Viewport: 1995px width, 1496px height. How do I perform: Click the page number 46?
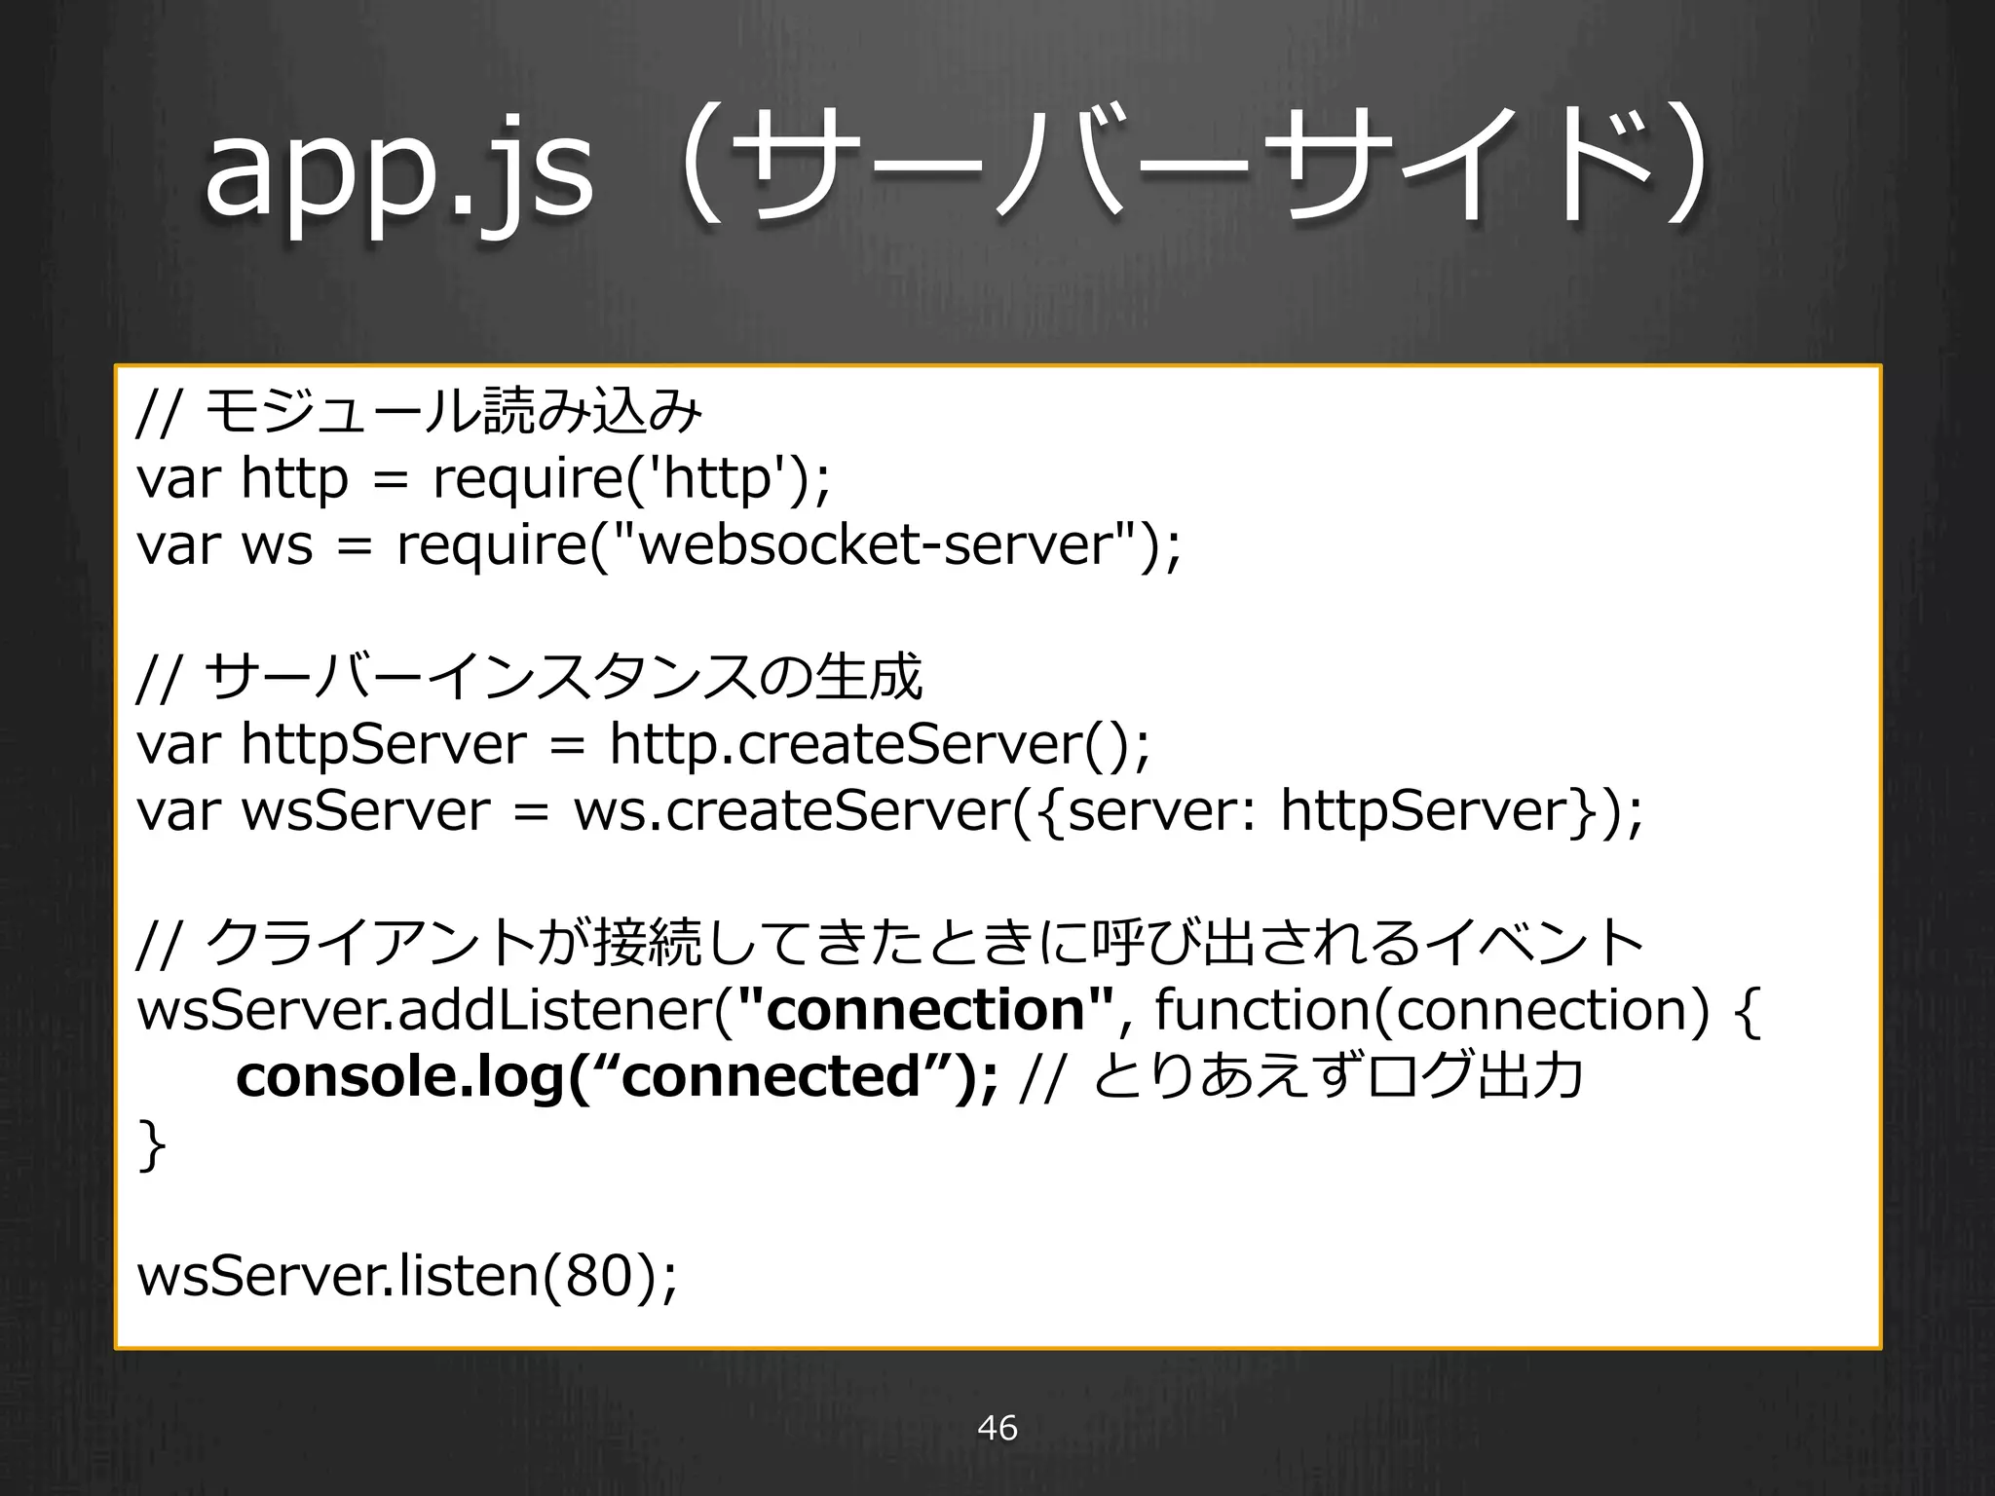[997, 1428]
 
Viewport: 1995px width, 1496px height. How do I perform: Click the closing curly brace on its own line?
[150, 1144]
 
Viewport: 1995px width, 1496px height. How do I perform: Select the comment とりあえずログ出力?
[1339, 1076]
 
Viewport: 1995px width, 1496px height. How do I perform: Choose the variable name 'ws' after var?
[277, 544]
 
